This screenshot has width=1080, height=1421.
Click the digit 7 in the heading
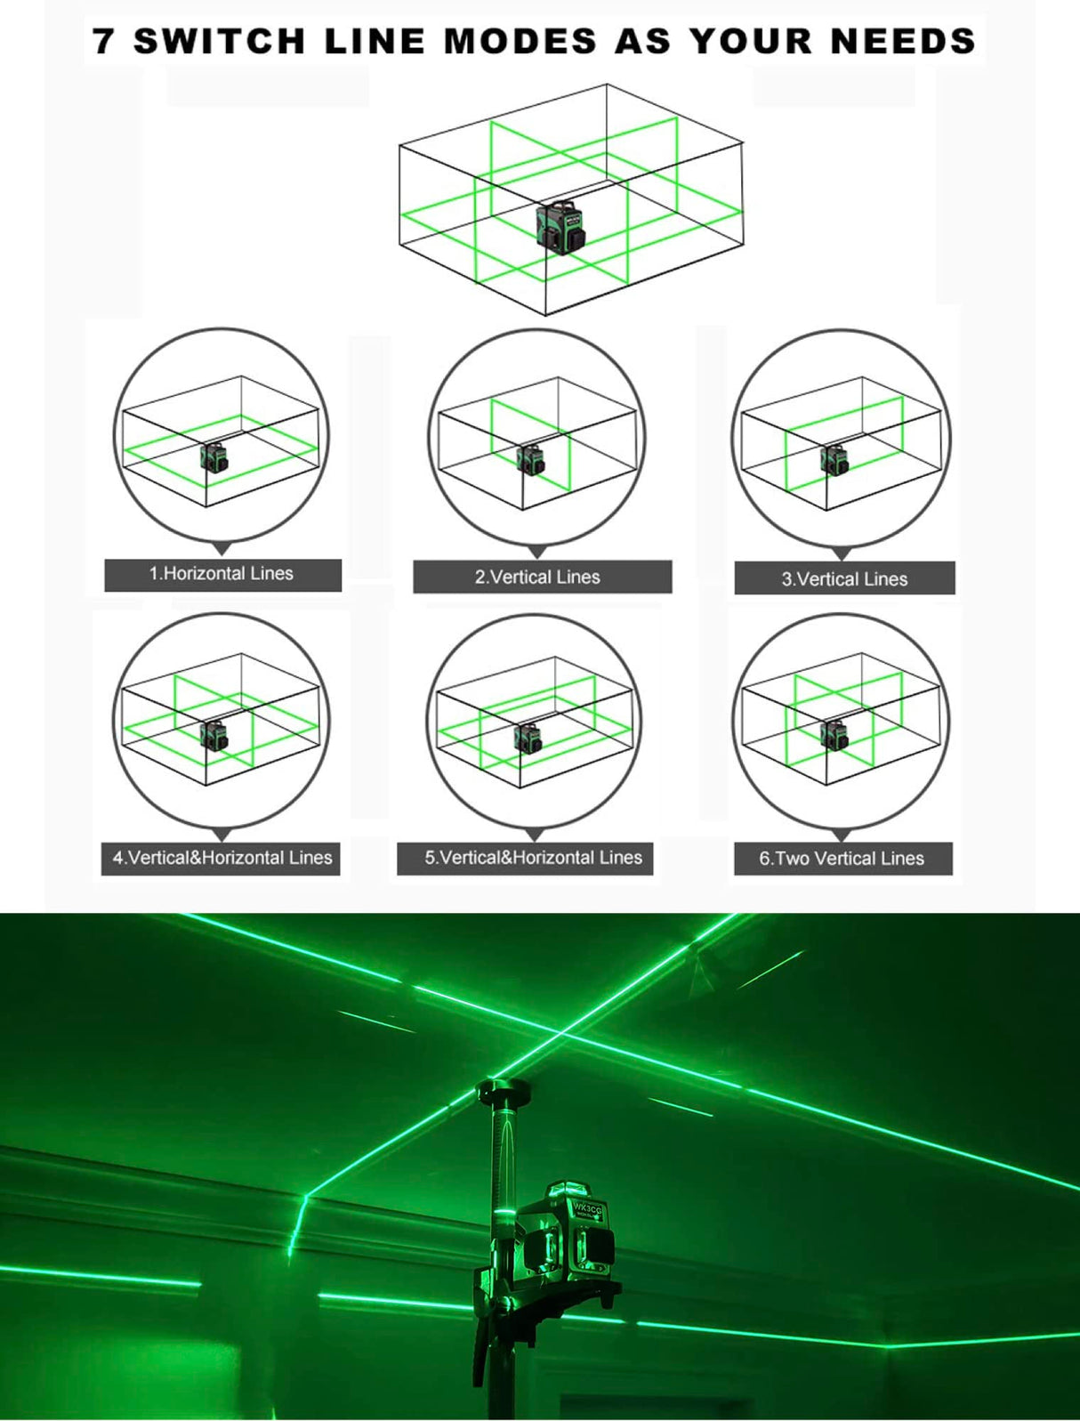point(104,42)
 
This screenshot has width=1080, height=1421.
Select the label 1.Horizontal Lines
point(222,574)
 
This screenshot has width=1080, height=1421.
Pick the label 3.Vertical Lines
point(844,578)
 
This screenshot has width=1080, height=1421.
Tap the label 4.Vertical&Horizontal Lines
point(222,858)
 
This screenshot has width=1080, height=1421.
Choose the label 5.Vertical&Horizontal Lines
point(533,858)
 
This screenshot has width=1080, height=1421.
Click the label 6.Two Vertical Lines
point(842,859)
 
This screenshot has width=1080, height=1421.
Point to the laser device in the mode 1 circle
point(214,458)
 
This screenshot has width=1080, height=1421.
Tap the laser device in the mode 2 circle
point(530,460)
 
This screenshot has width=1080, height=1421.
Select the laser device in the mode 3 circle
point(834,460)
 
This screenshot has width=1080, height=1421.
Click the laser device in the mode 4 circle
point(214,736)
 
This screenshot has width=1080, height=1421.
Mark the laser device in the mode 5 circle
point(528,739)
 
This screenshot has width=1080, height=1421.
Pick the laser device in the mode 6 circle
point(834,736)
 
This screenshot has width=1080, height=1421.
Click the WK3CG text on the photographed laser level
point(587,1208)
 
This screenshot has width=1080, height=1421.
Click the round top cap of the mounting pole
point(504,1091)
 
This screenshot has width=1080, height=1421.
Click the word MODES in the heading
point(520,42)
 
